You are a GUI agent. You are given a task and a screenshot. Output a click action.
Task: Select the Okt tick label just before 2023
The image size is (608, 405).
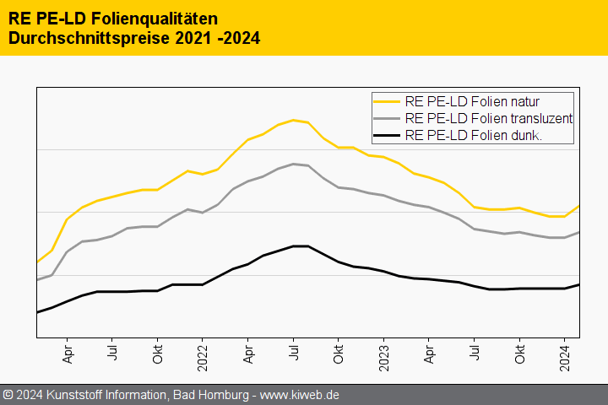339,353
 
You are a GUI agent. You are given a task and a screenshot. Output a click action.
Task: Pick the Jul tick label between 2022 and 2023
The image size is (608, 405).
293,351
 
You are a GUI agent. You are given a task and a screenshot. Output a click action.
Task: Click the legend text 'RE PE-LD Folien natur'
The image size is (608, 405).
472,102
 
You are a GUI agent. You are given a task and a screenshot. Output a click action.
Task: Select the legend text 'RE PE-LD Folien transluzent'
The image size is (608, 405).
489,118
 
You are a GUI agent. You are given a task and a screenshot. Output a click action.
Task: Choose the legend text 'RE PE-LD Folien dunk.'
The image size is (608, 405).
473,135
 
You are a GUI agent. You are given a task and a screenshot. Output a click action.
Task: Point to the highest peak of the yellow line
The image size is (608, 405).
293,120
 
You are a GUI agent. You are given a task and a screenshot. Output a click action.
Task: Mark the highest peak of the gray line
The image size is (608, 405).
293,164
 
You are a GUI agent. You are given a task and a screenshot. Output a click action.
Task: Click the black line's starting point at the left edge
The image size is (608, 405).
37,312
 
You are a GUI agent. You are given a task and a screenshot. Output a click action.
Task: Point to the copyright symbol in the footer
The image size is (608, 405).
8,395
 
